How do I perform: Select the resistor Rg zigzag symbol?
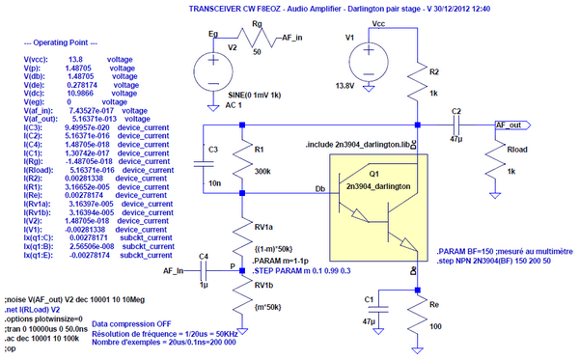(258, 39)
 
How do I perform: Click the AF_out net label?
(510, 125)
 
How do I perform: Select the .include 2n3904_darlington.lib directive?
(357, 144)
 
